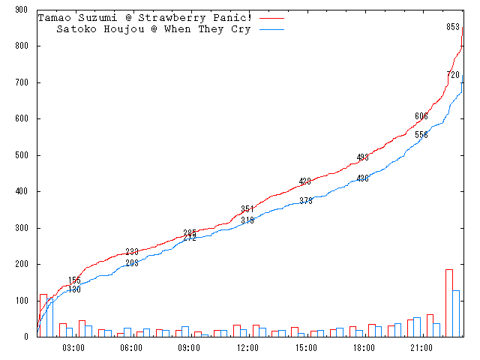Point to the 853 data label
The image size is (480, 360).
click(x=453, y=27)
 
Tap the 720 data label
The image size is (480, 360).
click(x=453, y=75)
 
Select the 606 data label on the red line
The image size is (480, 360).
click(x=421, y=116)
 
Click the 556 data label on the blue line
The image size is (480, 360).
click(x=421, y=135)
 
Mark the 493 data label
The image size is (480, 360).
click(x=363, y=157)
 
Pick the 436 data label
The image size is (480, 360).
click(x=363, y=178)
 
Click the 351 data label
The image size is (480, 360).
click(x=247, y=209)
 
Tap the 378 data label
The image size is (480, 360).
click(x=305, y=201)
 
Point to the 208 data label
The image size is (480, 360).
click(x=131, y=263)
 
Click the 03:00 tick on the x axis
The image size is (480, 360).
click(x=73, y=347)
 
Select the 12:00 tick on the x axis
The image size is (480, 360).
click(x=247, y=347)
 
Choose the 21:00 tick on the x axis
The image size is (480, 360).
click(x=421, y=347)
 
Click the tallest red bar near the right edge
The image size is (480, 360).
click(x=449, y=303)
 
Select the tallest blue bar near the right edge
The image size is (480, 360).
click(x=456, y=313)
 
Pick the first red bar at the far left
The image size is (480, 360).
click(x=43, y=316)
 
